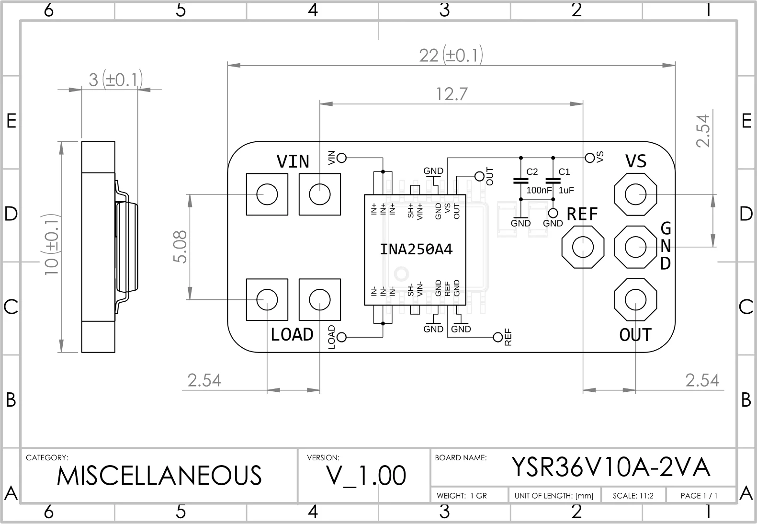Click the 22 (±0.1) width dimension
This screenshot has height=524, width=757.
point(451,55)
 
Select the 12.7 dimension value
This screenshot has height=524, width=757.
point(452,94)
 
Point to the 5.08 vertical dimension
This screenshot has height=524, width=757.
point(180,247)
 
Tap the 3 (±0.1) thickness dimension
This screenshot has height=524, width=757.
point(115,80)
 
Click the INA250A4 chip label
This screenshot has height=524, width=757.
point(416,250)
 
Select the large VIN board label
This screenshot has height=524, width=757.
point(293,161)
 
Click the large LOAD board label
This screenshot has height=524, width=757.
point(292,334)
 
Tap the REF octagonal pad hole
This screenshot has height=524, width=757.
point(583,247)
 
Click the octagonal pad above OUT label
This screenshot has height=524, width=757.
point(636,300)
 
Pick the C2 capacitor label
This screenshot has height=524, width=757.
point(532,172)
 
